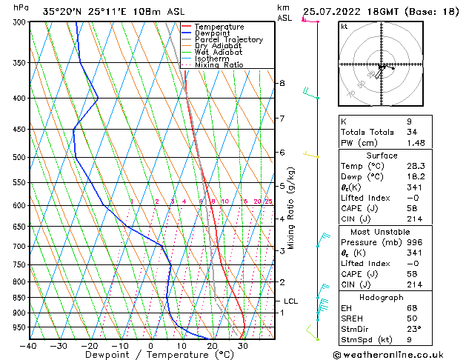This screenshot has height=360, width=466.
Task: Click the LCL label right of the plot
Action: tap(291, 301)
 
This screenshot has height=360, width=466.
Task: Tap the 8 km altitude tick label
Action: tap(282, 83)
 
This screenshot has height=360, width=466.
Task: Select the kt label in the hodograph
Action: tap(344, 27)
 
